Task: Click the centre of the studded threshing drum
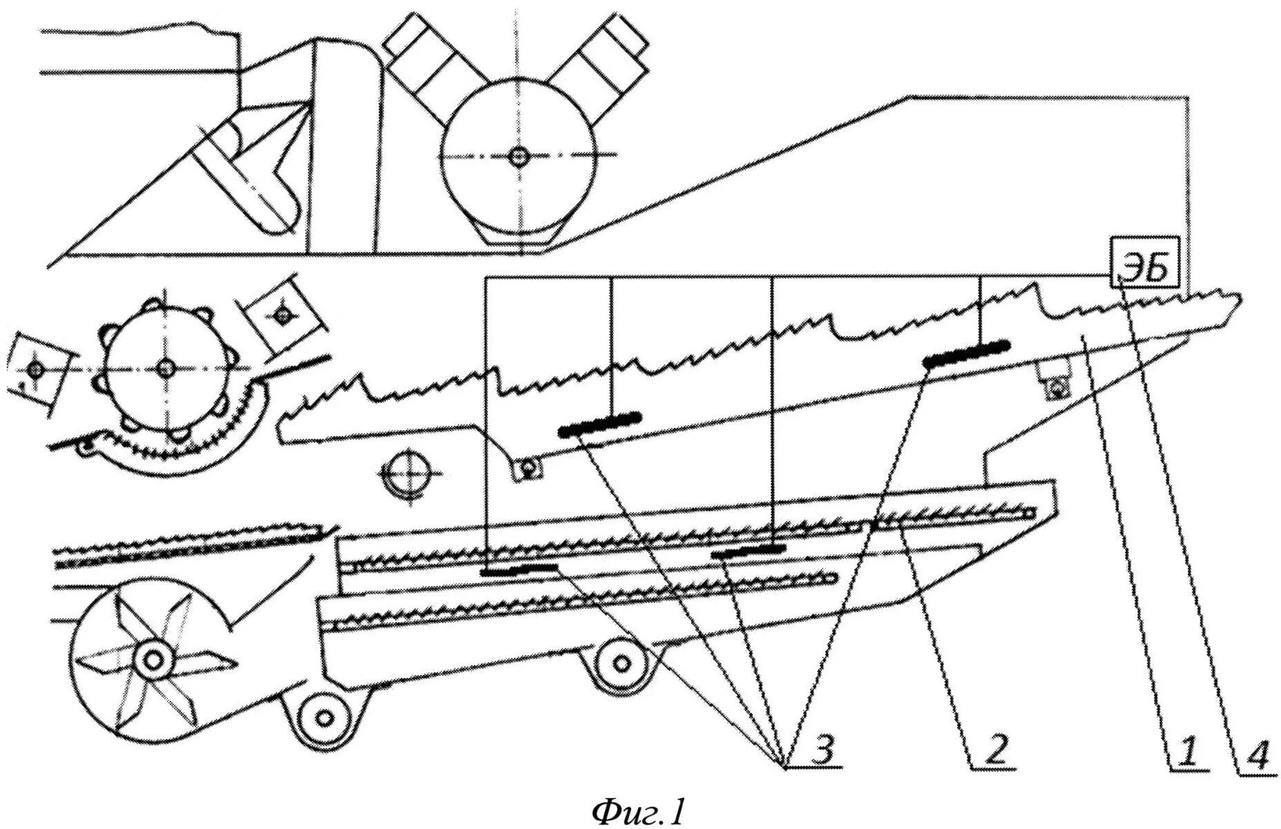click(x=164, y=369)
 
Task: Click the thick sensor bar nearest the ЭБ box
click(x=966, y=353)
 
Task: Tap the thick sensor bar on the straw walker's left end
click(x=600, y=424)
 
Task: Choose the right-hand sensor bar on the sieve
click(x=749, y=550)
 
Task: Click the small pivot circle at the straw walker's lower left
click(x=528, y=469)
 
